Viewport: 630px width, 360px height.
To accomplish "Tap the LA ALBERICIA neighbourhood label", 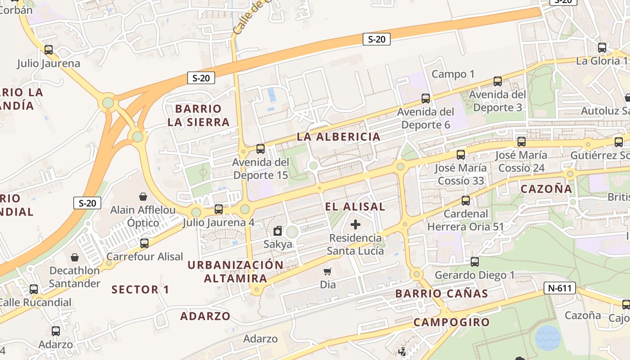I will tap(338, 137).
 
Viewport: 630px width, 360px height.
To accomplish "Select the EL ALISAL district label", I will tap(355, 207).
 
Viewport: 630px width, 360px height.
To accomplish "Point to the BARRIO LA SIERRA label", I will tap(198, 115).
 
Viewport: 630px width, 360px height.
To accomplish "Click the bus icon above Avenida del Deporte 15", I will tap(260, 148).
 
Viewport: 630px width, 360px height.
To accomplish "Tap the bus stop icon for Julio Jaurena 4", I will tap(219, 209).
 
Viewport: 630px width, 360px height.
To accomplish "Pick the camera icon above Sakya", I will tap(278, 231).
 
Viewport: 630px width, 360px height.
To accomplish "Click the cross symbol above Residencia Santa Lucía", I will tap(355, 224).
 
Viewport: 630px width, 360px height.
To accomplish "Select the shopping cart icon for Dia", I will tap(328, 271).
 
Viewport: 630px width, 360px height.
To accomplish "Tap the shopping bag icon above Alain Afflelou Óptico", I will tap(143, 197).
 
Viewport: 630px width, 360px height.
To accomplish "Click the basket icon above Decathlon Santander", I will tap(75, 257).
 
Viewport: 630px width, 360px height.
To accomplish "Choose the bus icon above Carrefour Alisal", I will tap(144, 243).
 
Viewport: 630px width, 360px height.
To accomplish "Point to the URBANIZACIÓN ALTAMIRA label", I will tap(235, 271).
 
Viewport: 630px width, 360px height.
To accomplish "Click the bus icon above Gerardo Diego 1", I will tap(475, 261).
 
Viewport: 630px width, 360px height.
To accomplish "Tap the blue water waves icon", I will tap(548, 337).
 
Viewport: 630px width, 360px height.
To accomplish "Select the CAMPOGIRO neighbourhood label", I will tap(451, 322).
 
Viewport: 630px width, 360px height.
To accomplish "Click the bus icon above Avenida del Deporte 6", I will tap(425, 98).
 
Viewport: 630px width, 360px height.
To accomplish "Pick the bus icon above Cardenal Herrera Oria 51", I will tap(466, 201).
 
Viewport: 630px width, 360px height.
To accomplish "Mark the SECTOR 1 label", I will tap(140, 289).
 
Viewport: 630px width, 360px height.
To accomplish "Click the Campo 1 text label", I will tap(453, 74).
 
